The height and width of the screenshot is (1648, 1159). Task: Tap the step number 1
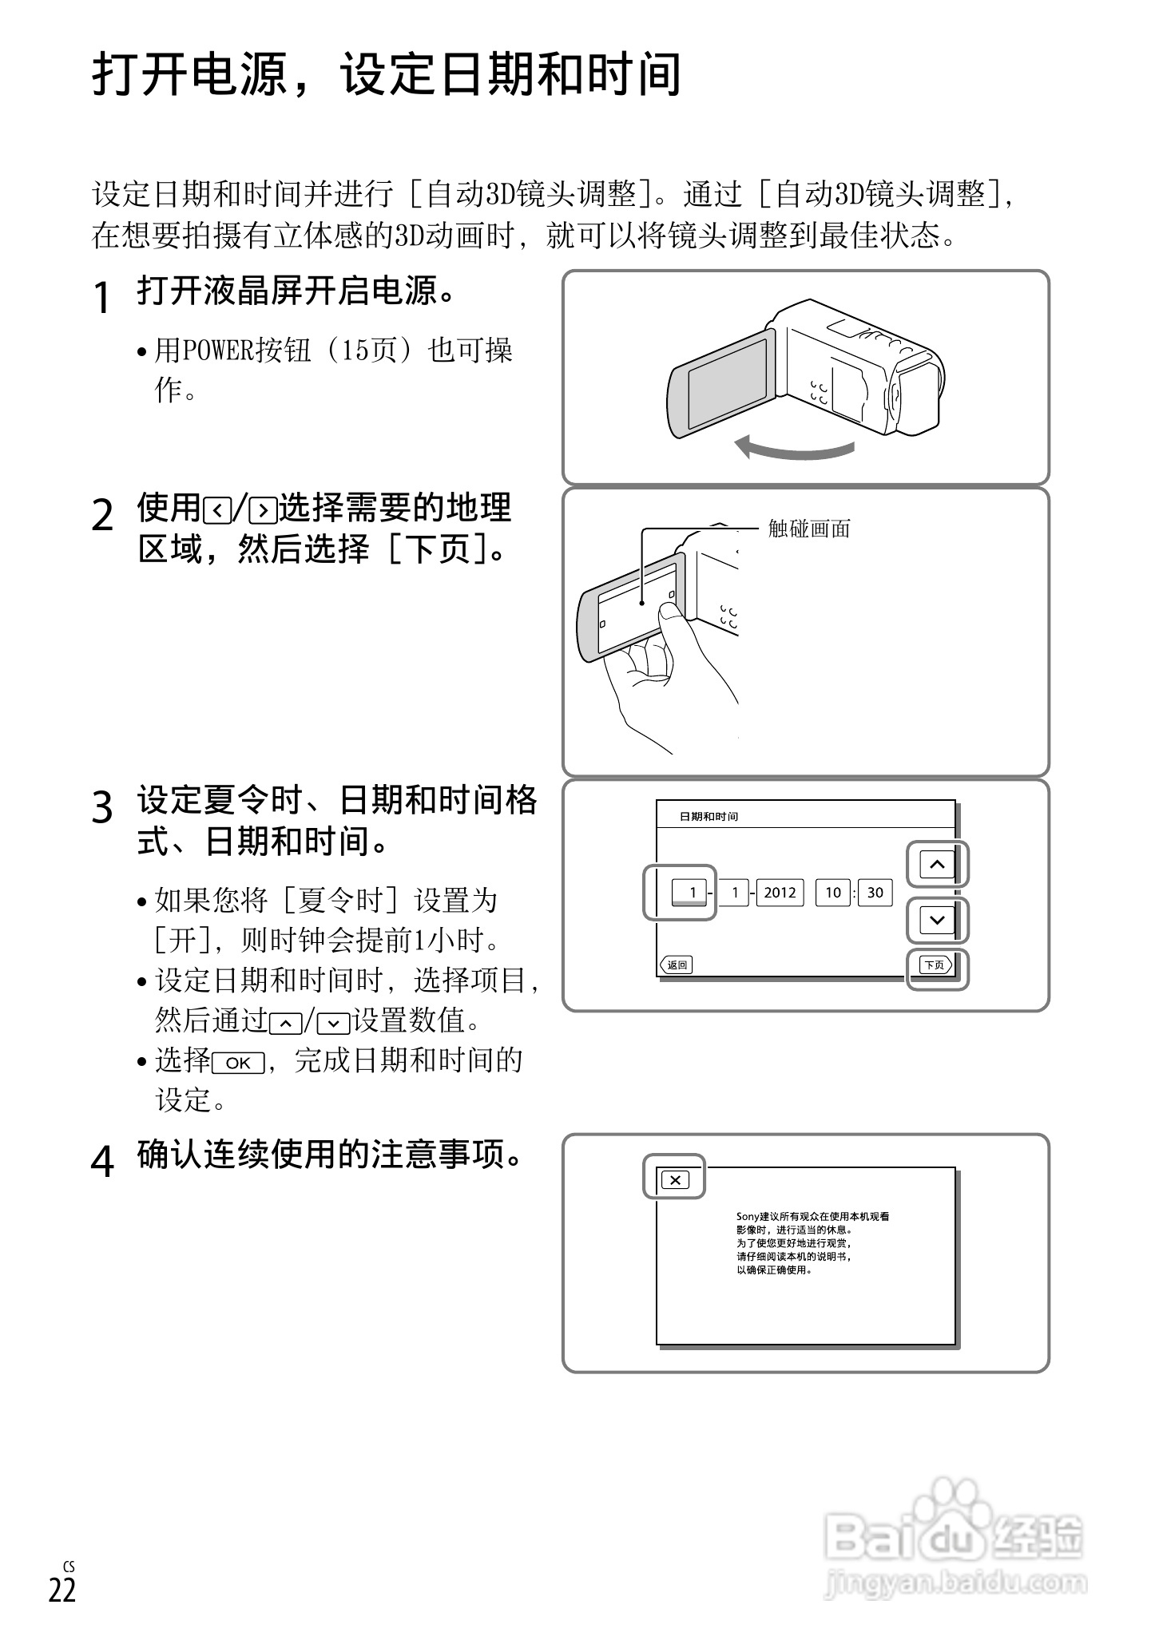pos(101,298)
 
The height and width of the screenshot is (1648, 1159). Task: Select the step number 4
pos(101,1161)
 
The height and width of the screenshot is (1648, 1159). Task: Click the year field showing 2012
pos(780,893)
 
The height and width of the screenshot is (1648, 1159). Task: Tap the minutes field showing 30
pos(875,893)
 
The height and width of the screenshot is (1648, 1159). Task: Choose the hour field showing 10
pos(833,893)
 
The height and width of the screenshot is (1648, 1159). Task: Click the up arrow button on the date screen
pos(937,865)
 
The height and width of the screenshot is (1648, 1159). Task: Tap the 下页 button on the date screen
pos(935,965)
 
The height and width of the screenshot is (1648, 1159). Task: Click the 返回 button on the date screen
pos(677,965)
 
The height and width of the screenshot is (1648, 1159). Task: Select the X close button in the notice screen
pos(675,1180)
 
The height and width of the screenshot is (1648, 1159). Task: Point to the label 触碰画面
pos(809,529)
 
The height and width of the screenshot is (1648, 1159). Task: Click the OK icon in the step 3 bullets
pos(238,1064)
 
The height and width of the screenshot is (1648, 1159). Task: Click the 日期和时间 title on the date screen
pos(708,817)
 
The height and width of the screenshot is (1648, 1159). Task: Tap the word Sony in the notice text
pos(748,1217)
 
